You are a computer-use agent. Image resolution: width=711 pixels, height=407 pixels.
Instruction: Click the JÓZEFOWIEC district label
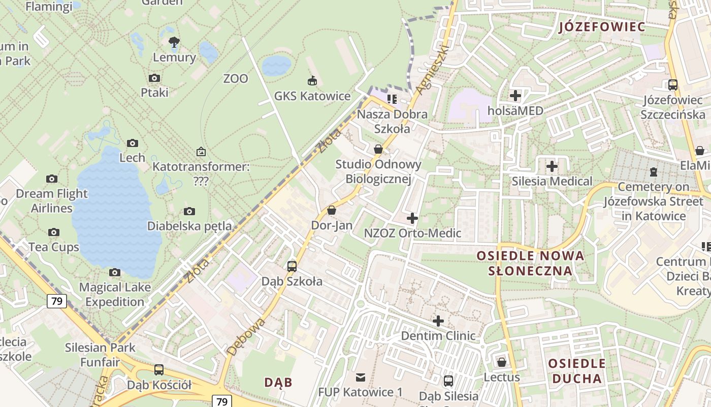click(602, 27)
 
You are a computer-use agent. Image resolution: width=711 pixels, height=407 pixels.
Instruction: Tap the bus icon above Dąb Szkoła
click(292, 266)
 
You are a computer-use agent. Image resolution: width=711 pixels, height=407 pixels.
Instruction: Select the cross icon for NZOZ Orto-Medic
click(412, 218)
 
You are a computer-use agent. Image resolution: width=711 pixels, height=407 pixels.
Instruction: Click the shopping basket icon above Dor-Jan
click(332, 210)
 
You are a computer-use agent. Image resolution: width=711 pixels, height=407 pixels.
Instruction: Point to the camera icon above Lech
click(133, 143)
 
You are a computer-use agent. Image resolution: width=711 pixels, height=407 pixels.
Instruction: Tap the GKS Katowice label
click(312, 96)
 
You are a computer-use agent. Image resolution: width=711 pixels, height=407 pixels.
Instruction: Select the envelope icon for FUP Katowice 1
click(360, 377)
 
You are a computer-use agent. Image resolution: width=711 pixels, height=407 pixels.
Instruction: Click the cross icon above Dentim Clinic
click(438, 321)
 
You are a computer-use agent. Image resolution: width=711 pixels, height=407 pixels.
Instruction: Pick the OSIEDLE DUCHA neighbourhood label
click(577, 371)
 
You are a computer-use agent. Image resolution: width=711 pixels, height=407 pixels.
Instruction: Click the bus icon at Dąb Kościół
click(159, 370)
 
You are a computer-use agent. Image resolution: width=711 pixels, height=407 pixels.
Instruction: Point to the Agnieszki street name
click(432, 69)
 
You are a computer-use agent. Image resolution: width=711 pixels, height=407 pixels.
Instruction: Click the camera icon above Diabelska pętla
click(189, 211)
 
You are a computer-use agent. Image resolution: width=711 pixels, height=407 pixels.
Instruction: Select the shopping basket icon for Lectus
click(502, 362)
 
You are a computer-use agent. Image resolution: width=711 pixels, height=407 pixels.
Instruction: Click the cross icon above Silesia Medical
click(552, 166)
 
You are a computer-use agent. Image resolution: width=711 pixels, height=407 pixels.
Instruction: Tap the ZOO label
click(236, 79)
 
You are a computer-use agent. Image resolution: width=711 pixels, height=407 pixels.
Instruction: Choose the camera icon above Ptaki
click(154, 78)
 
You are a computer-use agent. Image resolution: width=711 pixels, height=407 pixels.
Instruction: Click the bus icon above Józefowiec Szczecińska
click(673, 85)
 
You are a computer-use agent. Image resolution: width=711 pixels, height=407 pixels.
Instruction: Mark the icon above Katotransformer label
click(201, 152)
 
